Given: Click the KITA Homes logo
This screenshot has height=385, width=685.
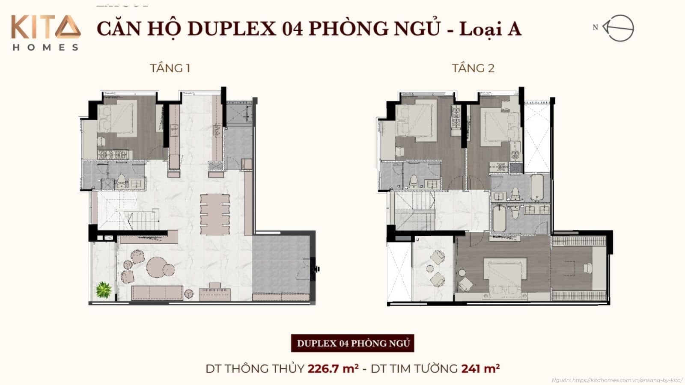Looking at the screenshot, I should coord(45,33).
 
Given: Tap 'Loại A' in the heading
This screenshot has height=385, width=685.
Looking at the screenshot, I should coord(490,29).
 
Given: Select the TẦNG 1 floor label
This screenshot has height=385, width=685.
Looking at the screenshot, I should coord(170,68).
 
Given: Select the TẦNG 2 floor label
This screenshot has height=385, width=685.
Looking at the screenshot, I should coord(473,68).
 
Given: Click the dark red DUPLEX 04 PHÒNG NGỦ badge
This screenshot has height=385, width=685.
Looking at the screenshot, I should coord(353,343).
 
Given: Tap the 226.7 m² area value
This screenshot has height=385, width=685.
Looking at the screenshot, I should coord(333,368).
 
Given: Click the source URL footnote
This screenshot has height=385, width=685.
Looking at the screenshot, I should coord(617,380).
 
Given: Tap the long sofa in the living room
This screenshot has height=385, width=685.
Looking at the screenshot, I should coord(157,293).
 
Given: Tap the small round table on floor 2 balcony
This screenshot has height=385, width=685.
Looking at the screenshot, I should coord(430,269).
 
